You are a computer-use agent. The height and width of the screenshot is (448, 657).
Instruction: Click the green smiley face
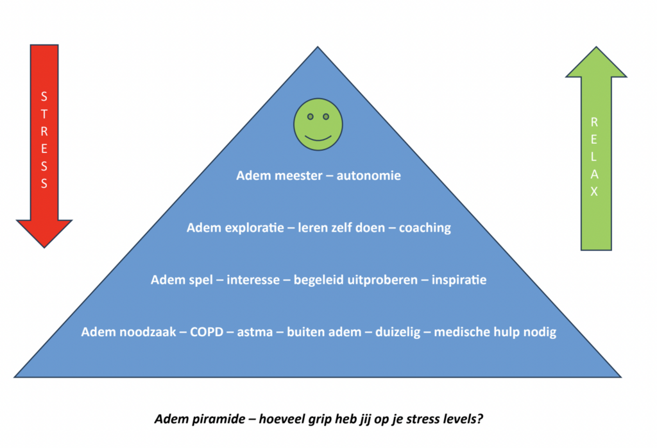pyautogui.click(x=318, y=125)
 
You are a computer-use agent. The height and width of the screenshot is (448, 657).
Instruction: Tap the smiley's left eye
pyautogui.click(x=311, y=117)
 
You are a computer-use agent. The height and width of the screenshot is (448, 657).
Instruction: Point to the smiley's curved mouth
pyautogui.click(x=318, y=138)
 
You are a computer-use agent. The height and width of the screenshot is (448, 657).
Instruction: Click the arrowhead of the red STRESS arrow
pyautogui.click(x=44, y=234)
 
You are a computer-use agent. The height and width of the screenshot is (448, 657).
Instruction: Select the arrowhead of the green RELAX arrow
pyautogui.click(x=596, y=62)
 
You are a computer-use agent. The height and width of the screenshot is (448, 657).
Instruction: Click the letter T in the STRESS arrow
pyautogui.click(x=44, y=114)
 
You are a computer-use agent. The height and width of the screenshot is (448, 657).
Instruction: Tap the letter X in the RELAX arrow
pyautogui.click(x=594, y=191)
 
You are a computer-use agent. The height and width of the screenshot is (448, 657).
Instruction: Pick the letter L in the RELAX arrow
pyautogui.click(x=593, y=157)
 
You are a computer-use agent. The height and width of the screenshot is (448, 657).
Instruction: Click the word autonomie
pyautogui.click(x=369, y=175)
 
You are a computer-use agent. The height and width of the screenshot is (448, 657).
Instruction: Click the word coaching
pyautogui.click(x=425, y=228)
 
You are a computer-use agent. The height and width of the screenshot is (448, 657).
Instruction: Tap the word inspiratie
pyautogui.click(x=459, y=280)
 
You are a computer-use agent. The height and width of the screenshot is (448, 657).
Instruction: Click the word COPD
pyautogui.click(x=207, y=332)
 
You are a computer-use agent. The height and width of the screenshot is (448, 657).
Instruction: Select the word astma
pyautogui.click(x=255, y=332)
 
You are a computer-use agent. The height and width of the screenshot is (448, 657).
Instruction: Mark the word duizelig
pyautogui.click(x=398, y=332)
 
